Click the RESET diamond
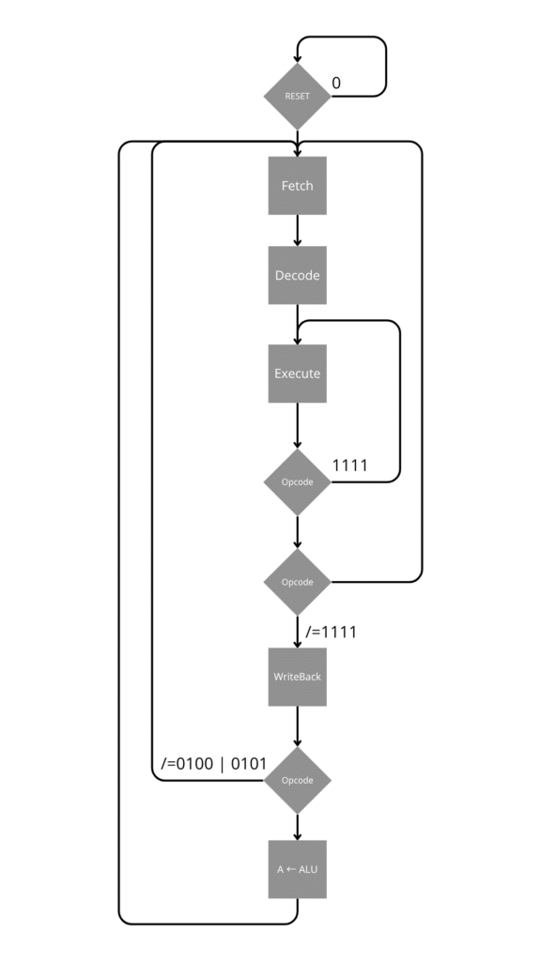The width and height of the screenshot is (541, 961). tap(298, 97)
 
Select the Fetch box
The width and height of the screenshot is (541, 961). tap(298, 186)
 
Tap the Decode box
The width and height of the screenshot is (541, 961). tap(298, 275)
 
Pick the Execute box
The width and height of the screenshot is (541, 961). tap(298, 374)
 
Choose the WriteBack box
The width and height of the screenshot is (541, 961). tap(298, 677)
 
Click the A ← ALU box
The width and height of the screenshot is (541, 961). tap(298, 869)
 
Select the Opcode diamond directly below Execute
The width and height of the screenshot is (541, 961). tap(298, 481)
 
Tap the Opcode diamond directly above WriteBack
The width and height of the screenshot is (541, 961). tap(298, 582)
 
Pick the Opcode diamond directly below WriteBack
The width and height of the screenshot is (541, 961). tap(298, 780)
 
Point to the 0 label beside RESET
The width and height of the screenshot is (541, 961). tap(336, 83)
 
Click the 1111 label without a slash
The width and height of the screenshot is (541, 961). tap(350, 465)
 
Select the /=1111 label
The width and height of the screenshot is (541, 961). tap(332, 632)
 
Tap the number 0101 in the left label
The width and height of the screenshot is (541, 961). tap(249, 764)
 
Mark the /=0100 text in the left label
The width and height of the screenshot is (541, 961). tap(187, 764)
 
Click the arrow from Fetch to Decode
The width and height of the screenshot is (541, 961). tap(298, 231)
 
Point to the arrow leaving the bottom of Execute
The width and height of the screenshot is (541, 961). tap(298, 425)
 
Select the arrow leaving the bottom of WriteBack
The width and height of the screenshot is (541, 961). tap(298, 726)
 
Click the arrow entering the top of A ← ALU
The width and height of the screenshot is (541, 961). tap(298, 827)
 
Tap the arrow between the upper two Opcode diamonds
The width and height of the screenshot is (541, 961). tap(298, 532)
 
